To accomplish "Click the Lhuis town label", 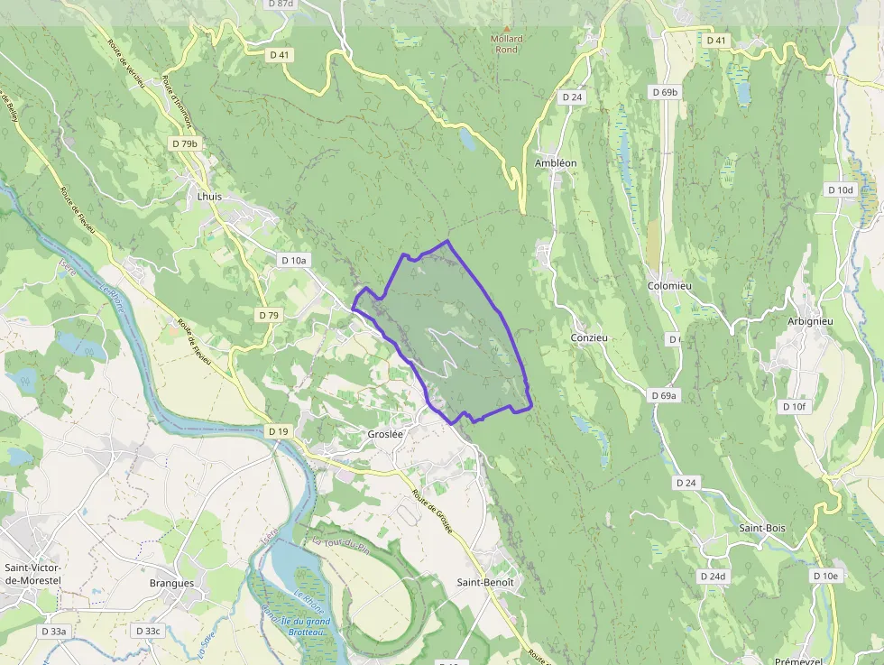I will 208,196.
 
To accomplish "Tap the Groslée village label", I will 385,433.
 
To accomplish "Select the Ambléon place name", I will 556,162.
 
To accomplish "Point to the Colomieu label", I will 669,285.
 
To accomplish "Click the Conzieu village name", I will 589,337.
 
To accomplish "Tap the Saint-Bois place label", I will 762,528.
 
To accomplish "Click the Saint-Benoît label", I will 485,582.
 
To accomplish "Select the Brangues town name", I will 171,583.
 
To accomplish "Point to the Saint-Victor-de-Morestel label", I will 32,574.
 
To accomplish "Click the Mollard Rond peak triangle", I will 506,29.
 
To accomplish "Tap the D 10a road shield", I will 294,260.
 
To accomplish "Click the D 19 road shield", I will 279,431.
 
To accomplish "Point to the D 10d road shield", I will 840,189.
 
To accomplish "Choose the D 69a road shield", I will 665,395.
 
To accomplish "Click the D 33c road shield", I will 146,631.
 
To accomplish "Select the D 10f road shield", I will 793,407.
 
